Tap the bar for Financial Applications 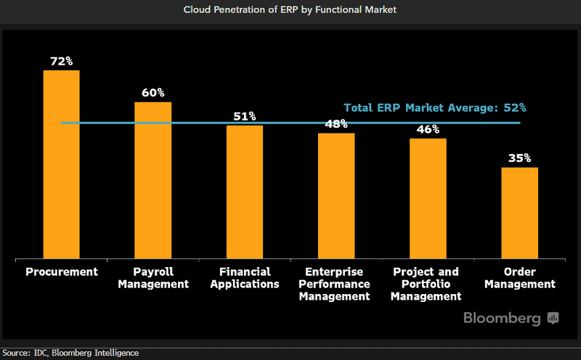pyautogui.click(x=245, y=192)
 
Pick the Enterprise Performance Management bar pyautogui.click(x=336, y=196)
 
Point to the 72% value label pyautogui.click(x=62, y=61)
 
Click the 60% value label pyautogui.click(x=153, y=93)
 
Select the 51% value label pyautogui.click(x=245, y=116)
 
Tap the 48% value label pyautogui.click(x=336, y=124)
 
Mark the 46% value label pyautogui.click(x=428, y=129)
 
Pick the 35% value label pyautogui.click(x=519, y=158)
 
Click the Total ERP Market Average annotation pyautogui.click(x=434, y=107)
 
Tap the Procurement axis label pyautogui.click(x=62, y=272)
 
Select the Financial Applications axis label pyautogui.click(x=245, y=278)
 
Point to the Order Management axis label pyautogui.click(x=519, y=278)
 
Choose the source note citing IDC pyautogui.click(x=70, y=353)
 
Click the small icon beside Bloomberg pyautogui.click(x=553, y=318)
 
